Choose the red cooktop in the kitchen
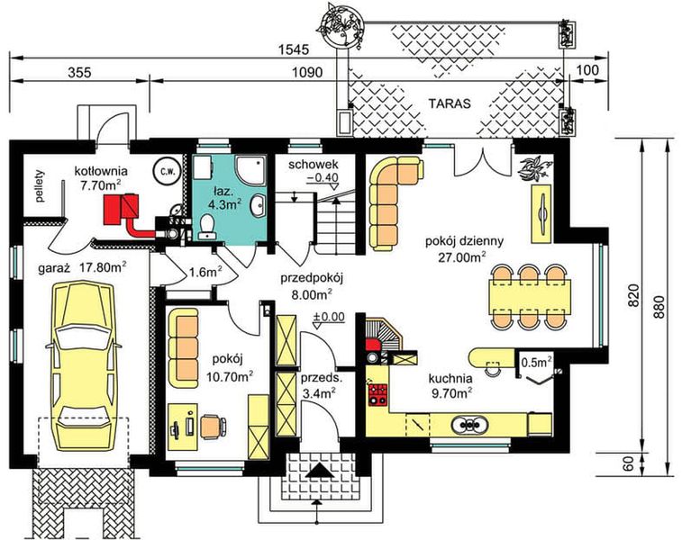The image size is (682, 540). tap(376, 392)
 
